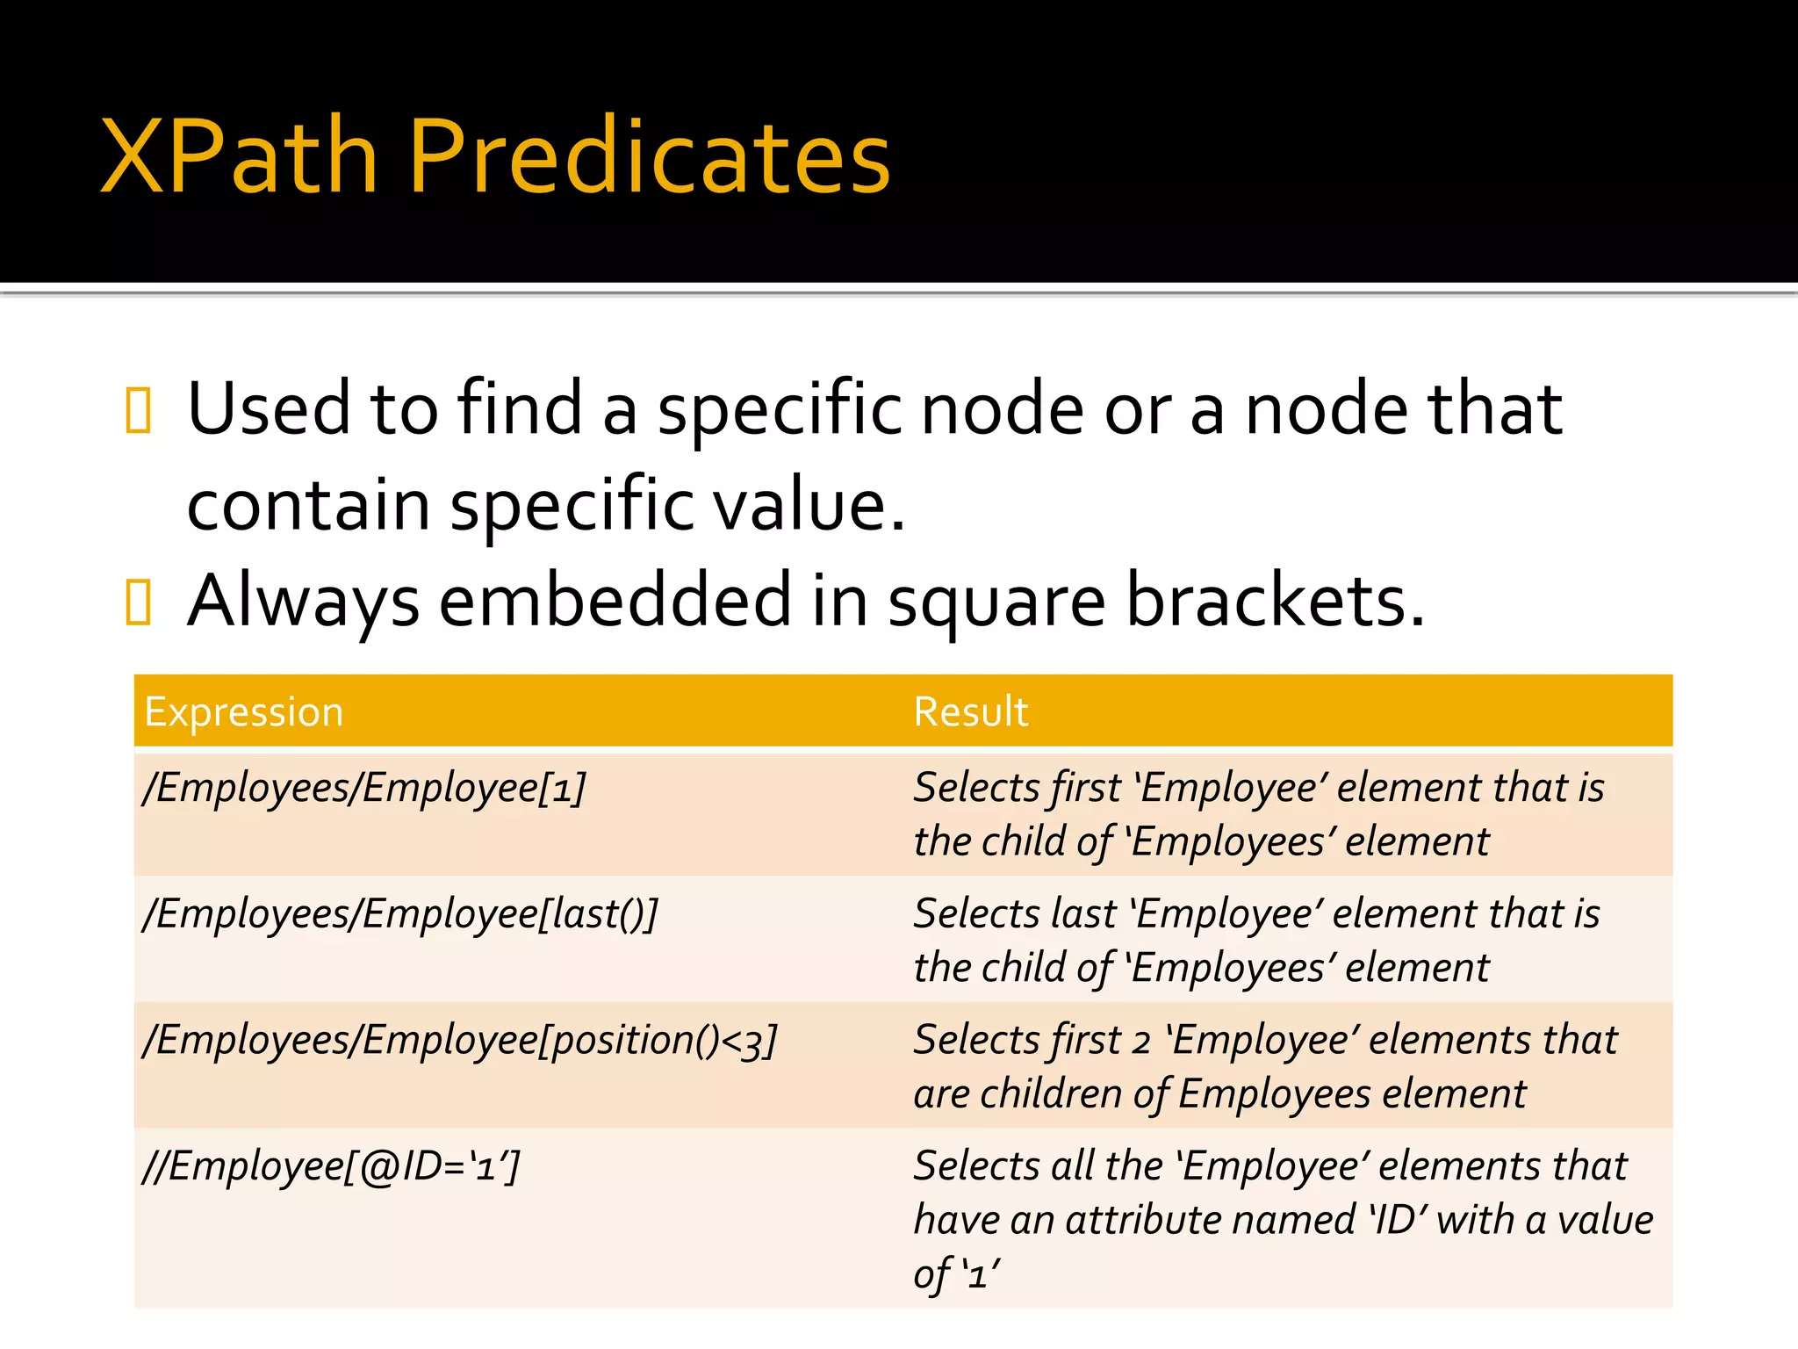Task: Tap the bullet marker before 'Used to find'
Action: click(x=139, y=410)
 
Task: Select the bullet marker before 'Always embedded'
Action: click(x=139, y=602)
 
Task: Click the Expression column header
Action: click(x=244, y=711)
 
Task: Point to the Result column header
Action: click(x=970, y=711)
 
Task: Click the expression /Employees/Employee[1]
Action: click(x=364, y=788)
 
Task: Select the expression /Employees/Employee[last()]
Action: click(x=400, y=914)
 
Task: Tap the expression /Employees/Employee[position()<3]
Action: click(x=460, y=1041)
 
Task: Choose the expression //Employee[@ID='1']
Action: click(x=332, y=1167)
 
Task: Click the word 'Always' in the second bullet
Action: click(x=304, y=601)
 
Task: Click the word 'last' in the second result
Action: click(x=1084, y=914)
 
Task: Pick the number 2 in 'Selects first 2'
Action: click(x=1140, y=1042)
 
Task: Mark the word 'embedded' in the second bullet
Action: click(x=615, y=601)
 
